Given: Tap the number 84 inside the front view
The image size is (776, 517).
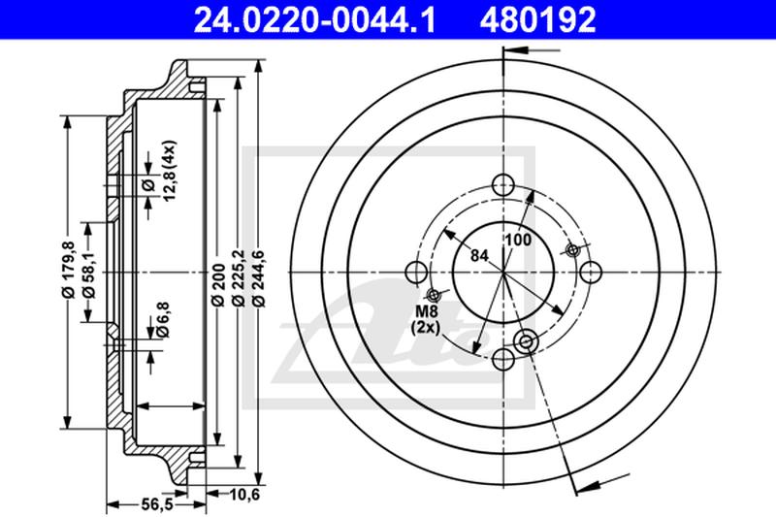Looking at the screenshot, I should click(478, 257).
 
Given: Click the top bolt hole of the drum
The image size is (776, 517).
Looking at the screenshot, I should click(502, 185).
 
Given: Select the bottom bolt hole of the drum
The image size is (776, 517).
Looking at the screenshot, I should click(502, 360).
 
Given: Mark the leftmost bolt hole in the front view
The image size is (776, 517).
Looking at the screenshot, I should click(415, 273).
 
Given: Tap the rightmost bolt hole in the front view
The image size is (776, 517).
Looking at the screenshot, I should click(590, 273).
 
